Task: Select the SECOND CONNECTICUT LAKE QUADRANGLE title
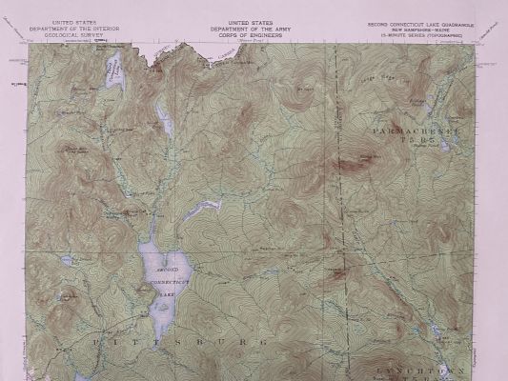click(419, 22)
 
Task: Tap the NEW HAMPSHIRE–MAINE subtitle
click(419, 29)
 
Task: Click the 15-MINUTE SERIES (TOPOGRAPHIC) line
click(419, 34)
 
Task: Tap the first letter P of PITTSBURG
click(98, 338)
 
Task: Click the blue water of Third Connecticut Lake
click(115, 73)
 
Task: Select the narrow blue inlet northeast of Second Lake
click(202, 206)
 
